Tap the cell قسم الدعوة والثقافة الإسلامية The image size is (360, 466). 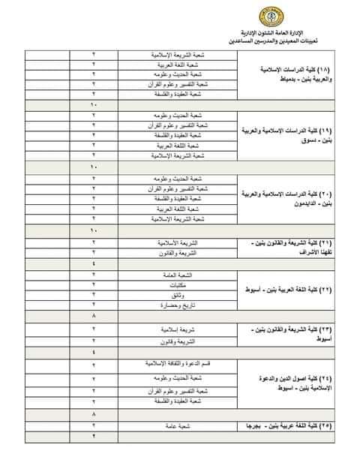click(x=178, y=364)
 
